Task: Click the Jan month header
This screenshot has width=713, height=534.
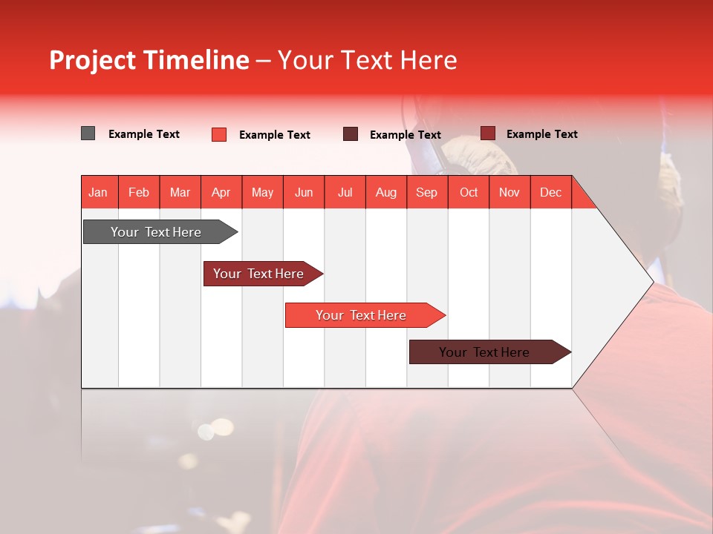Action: [x=99, y=192]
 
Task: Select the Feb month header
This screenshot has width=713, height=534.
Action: [x=139, y=192]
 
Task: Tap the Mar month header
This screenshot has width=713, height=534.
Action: [x=180, y=192]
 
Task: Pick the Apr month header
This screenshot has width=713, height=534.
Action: [x=221, y=192]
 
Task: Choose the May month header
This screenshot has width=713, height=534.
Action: [x=262, y=192]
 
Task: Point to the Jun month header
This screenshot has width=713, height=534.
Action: [x=304, y=192]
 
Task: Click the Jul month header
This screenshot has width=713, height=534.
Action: [x=345, y=192]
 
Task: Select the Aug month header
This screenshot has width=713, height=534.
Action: [x=386, y=192]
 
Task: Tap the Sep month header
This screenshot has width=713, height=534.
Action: [x=427, y=192]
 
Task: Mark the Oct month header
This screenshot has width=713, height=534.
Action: [x=469, y=192]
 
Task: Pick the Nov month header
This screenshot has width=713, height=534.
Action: [x=509, y=192]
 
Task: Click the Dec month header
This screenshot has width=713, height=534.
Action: [x=550, y=192]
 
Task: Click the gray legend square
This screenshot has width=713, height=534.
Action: [x=88, y=133]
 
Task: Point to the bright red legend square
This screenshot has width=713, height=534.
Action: [x=219, y=134]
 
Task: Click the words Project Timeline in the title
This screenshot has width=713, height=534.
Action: [x=149, y=60]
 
